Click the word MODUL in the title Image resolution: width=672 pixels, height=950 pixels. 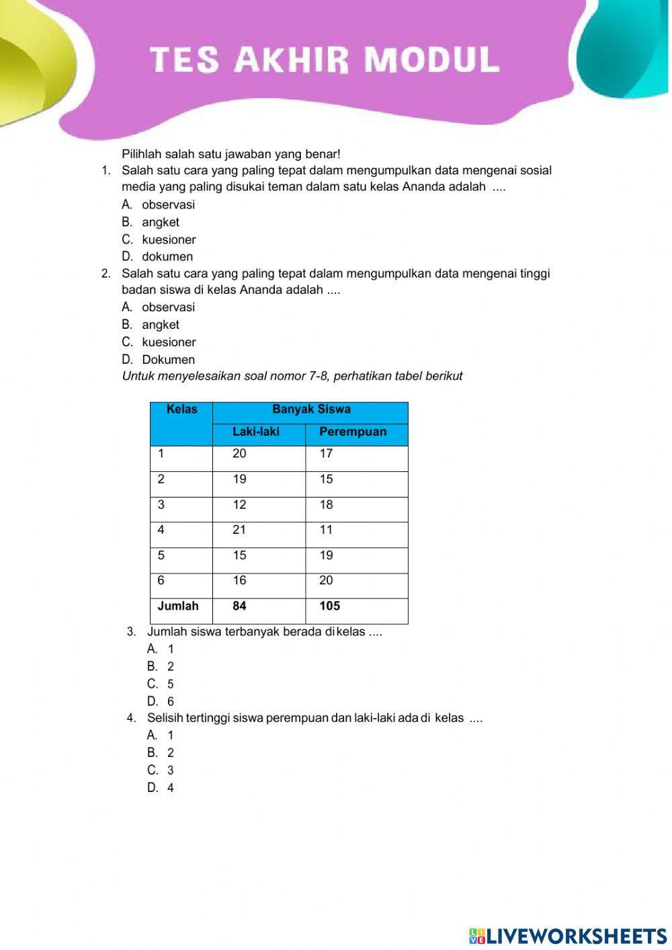point(432,60)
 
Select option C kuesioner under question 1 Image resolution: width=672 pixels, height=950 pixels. point(168,239)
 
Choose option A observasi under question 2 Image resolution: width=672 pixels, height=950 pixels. point(167,307)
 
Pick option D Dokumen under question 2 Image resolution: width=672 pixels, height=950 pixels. point(167,360)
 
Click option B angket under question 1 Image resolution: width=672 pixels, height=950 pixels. point(160,222)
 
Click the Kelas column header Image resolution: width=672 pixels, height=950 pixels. point(181,409)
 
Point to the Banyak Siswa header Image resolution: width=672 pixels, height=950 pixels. point(311,409)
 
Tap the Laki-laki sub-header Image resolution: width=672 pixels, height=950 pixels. point(256,432)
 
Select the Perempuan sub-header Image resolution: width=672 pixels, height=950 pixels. point(353,432)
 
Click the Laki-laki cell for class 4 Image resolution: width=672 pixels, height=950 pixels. point(239,530)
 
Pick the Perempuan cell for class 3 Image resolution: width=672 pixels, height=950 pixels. point(327,505)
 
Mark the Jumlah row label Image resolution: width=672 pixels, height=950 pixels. point(178,606)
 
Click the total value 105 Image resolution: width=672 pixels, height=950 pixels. point(329,606)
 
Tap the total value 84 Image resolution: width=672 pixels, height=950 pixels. point(239,606)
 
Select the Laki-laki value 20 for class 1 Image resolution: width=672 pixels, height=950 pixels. point(239,454)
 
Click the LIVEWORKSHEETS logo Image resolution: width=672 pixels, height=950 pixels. point(568,936)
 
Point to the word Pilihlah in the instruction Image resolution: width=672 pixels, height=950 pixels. point(142,154)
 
